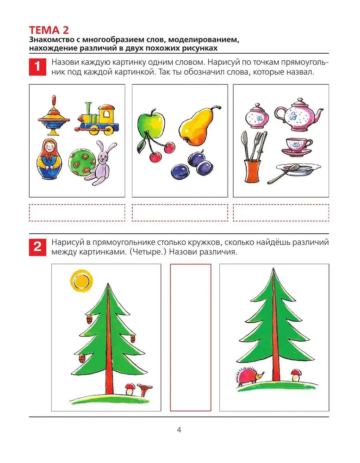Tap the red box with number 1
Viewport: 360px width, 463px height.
[37, 67]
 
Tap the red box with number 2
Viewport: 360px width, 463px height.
[37, 247]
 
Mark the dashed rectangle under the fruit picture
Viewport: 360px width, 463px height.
[180, 213]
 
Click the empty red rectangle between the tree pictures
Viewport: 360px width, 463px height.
[190, 337]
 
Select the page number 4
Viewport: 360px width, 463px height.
[179, 430]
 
